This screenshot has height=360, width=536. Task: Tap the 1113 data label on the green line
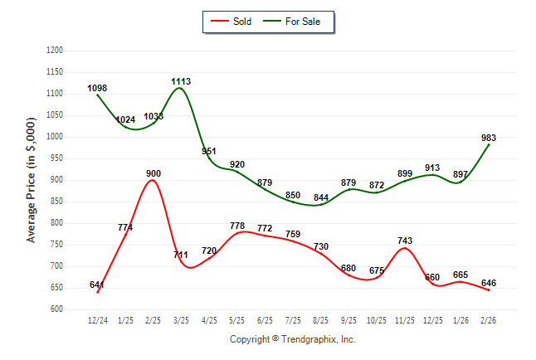point(181,81)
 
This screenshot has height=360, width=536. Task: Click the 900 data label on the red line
point(153,173)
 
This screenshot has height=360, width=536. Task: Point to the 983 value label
point(490,139)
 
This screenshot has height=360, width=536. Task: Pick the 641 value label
point(98,285)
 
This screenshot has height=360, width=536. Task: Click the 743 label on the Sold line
point(405,241)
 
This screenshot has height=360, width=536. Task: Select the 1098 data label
point(98,88)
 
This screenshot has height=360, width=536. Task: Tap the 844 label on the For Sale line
point(321,197)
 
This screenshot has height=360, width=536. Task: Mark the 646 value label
point(490,283)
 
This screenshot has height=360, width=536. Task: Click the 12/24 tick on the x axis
point(98,319)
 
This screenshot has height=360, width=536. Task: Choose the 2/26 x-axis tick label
point(490,319)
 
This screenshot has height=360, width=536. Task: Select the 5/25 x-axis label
point(237,319)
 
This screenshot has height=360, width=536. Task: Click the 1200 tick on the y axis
point(55,51)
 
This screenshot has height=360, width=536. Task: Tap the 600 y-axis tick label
point(57,309)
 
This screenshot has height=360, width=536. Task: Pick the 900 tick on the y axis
point(57,180)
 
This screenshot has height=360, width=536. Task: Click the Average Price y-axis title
point(32,179)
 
